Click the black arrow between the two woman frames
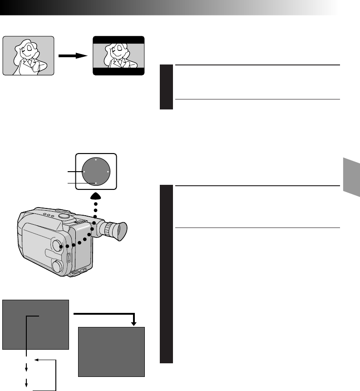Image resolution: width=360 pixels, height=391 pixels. [74, 55]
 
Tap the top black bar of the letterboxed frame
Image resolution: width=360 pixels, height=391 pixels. [118, 40]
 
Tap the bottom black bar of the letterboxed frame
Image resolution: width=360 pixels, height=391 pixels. [118, 72]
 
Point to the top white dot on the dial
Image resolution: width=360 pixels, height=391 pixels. [96, 160]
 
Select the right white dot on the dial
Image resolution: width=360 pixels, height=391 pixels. [108, 172]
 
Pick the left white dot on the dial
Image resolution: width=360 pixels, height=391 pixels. [84, 172]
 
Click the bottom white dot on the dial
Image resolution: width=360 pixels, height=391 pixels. [96, 183]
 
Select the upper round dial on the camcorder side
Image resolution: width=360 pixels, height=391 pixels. [58, 246]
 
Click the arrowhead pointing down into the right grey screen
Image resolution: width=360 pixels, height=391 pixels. [134, 323]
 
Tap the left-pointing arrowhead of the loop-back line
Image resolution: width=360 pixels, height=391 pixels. [37, 360]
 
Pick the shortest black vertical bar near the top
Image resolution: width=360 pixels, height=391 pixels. [166, 87]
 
